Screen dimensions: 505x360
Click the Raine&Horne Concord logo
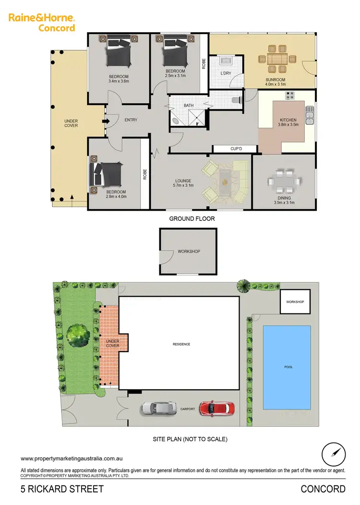42,23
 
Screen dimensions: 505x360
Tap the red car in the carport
217,409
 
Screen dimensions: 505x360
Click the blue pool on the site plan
287,367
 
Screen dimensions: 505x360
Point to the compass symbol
334,454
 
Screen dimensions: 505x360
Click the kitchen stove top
290,96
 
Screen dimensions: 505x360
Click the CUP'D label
236,149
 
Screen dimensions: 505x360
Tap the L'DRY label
226,73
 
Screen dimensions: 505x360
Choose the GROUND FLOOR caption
192,219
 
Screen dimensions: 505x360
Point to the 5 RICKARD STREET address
62,489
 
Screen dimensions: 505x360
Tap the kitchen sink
311,115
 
